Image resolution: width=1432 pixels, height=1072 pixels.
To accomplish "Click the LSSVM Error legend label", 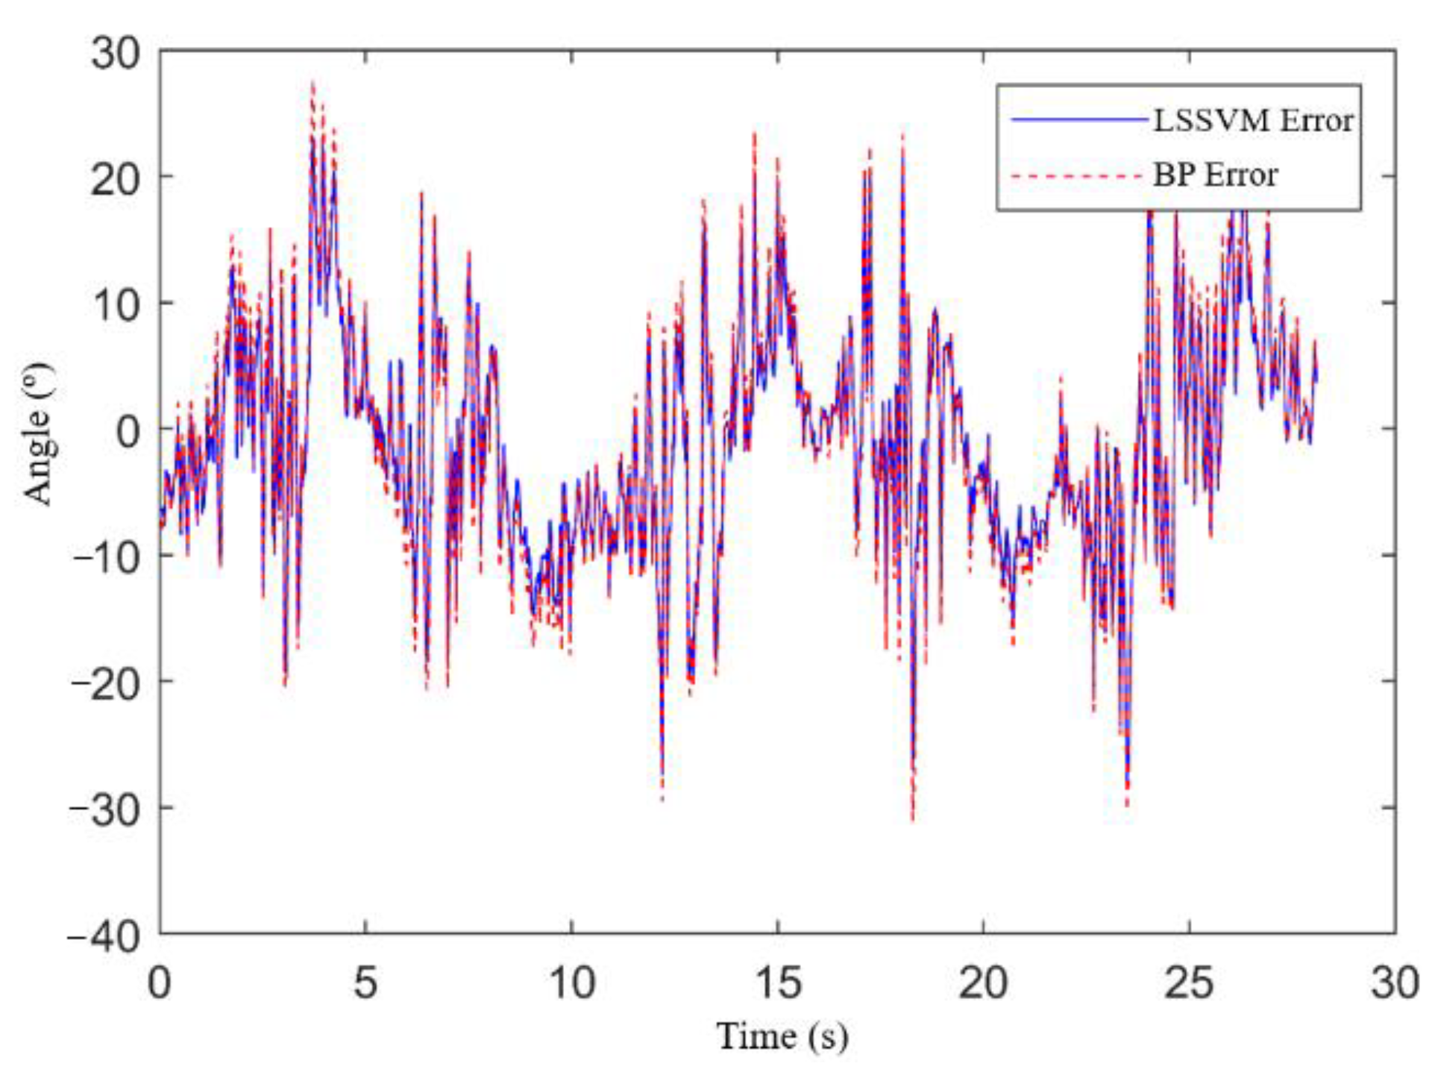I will point(1253,121).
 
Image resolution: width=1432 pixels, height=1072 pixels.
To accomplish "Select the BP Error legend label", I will point(1215,175).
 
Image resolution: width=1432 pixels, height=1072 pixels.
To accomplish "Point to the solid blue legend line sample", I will point(1078,120).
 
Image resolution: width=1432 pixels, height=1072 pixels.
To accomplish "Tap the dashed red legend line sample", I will point(1077,177).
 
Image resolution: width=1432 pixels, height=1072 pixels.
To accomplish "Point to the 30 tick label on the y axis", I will point(116,54).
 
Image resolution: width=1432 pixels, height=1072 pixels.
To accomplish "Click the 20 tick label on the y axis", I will point(116,180).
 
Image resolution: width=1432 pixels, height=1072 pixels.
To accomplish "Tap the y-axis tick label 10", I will point(116,306).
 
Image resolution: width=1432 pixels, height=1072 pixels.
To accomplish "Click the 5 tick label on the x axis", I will point(365,983).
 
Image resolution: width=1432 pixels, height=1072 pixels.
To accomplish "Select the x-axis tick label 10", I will point(572,983).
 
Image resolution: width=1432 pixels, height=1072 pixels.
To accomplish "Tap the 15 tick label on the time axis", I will point(778,983).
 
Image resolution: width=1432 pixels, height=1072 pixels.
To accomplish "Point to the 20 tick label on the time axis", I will point(983,983).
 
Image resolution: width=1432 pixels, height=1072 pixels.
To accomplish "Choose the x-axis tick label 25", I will point(1189,983).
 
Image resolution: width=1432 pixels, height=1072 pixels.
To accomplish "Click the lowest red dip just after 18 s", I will point(913,819).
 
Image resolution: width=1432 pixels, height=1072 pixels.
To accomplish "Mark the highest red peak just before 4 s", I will point(313,83).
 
